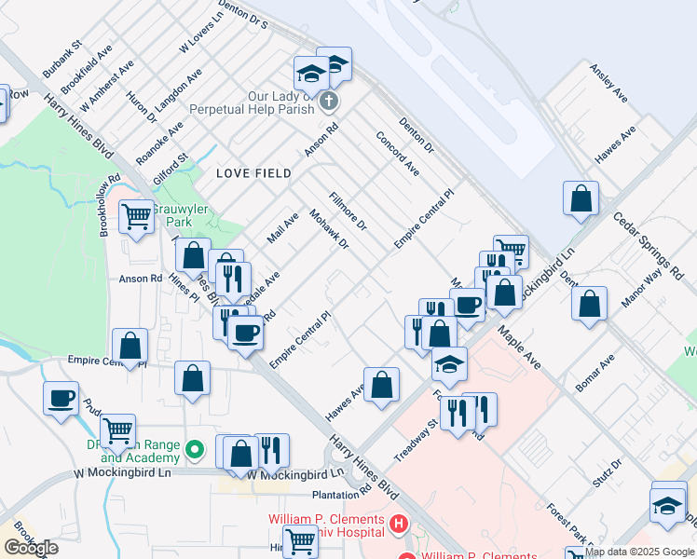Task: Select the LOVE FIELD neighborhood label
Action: point(253,173)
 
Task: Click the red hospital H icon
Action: point(399,525)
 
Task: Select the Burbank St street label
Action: point(62,58)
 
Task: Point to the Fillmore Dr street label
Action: point(348,212)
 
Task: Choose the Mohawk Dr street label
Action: point(329,229)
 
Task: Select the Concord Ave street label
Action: point(397,153)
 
